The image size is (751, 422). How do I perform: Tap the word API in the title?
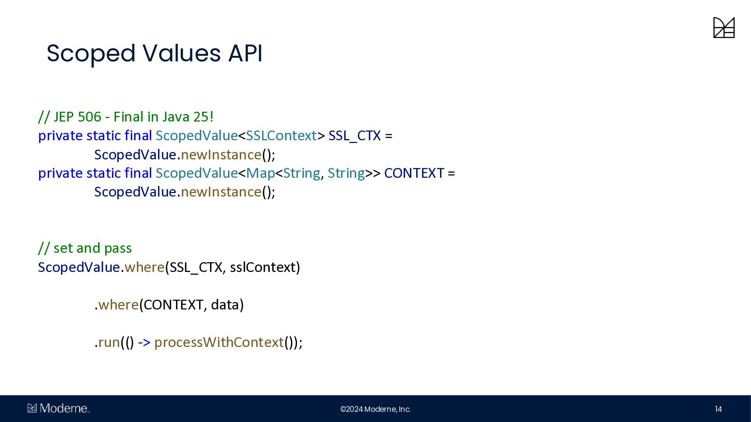coord(245,53)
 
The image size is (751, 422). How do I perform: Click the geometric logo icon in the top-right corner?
coord(724,27)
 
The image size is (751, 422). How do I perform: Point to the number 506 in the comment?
coord(90,117)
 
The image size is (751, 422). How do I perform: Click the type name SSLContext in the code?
coord(281,136)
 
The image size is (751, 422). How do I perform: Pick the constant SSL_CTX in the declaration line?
coord(354,136)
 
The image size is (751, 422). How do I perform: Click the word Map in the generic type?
coord(261,173)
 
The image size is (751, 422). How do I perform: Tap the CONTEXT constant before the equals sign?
coord(414,173)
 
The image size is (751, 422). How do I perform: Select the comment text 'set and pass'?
coord(93,248)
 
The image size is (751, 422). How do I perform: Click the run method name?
coord(109,342)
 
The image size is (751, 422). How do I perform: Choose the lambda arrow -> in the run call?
coord(144,342)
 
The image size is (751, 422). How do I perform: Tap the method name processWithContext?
coord(219,342)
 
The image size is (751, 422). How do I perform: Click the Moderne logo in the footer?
coord(59,408)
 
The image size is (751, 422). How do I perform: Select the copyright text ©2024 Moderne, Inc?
coord(375,409)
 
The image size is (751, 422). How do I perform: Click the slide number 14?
coord(718,409)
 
